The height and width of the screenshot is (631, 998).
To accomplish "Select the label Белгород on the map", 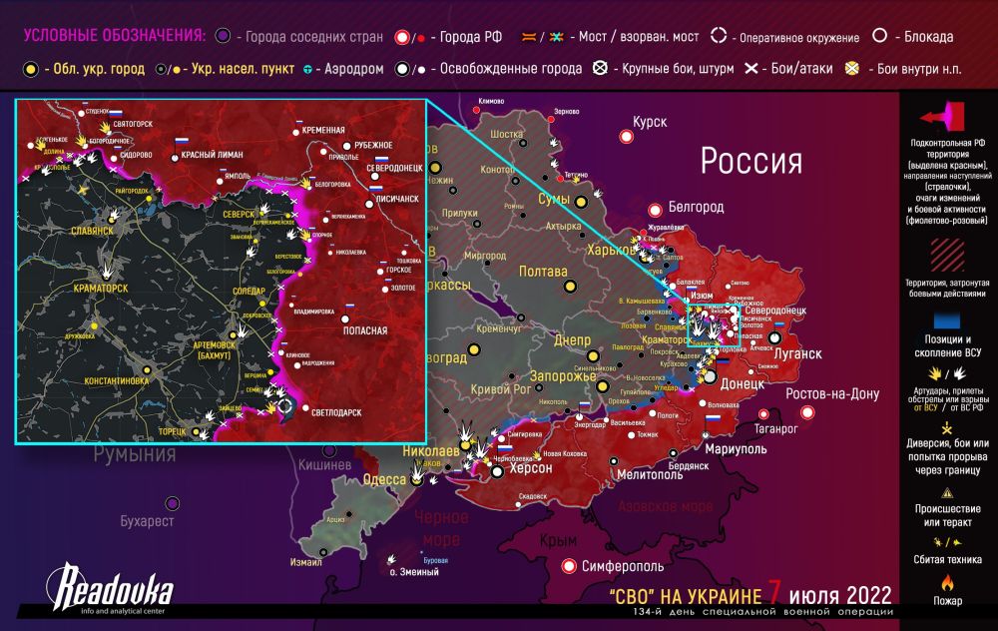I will coord(697,208).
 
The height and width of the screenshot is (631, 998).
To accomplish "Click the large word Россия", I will coord(750,161).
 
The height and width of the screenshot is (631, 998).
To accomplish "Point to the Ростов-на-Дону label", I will coord(832,393).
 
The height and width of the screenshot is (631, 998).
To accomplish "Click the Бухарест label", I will coord(147,521).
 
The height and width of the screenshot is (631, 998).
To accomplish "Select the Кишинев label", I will coord(325,465).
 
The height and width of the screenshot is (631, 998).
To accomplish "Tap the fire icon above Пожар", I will coord(949,581).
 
